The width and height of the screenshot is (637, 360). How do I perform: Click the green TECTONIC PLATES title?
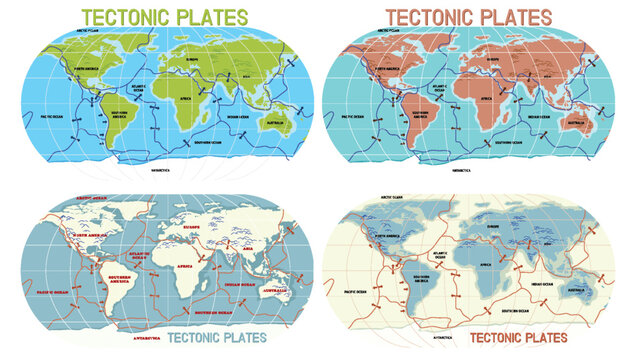tap(165, 17)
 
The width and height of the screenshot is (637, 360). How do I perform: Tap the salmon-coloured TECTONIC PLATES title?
tap(469, 17)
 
